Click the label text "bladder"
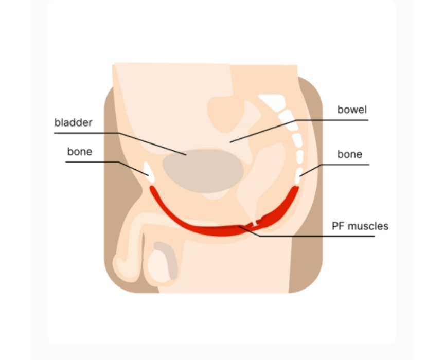pyautogui.click(x=74, y=122)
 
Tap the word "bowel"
pyautogui.click(x=352, y=110)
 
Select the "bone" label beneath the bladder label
pyautogui.click(x=80, y=152)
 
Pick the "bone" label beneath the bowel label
pyautogui.click(x=350, y=154)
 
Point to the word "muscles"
pyautogui.click(x=368, y=226)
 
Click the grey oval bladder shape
pyautogui.click(x=203, y=171)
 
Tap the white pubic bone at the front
pyautogui.click(x=149, y=172)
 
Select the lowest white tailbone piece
pyautogui.click(x=298, y=176)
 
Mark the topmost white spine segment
pyautogui.click(x=272, y=102)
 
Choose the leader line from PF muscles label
pyautogui.click(x=306, y=236)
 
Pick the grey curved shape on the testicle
pyautogui.click(x=168, y=259)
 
